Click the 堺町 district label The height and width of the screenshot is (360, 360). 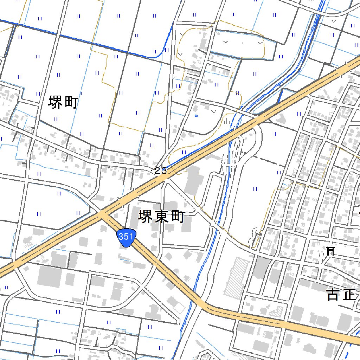(x=63, y=103)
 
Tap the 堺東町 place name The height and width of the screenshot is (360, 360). (x=162, y=217)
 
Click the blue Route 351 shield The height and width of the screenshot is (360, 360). (x=126, y=237)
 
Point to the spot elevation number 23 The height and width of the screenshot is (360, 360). (x=160, y=171)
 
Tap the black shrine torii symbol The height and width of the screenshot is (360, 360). (x=330, y=251)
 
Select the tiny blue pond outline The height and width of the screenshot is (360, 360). (x=196, y=115)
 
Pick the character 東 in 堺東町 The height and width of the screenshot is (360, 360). (x=162, y=217)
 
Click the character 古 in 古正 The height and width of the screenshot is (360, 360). (x=332, y=295)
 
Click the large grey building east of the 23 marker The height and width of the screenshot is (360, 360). (x=193, y=179)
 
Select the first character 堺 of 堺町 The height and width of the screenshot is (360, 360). (x=55, y=103)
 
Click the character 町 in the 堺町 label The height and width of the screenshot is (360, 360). (x=71, y=103)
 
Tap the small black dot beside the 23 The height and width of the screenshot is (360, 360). (x=152, y=171)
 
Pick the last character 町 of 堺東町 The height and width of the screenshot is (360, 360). (x=178, y=217)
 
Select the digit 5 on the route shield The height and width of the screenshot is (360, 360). (x=126, y=237)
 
